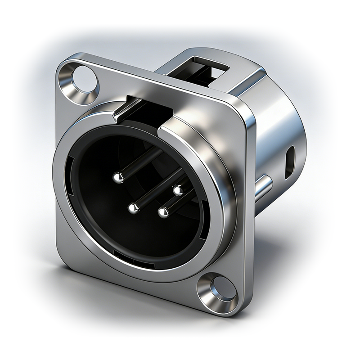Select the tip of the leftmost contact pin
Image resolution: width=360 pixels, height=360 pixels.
coord(118,178)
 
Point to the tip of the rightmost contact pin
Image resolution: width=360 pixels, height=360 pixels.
coord(178,190)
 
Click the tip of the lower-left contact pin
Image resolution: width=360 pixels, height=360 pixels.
coord(133,208)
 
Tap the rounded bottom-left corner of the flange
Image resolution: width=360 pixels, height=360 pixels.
coord(63,256)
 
